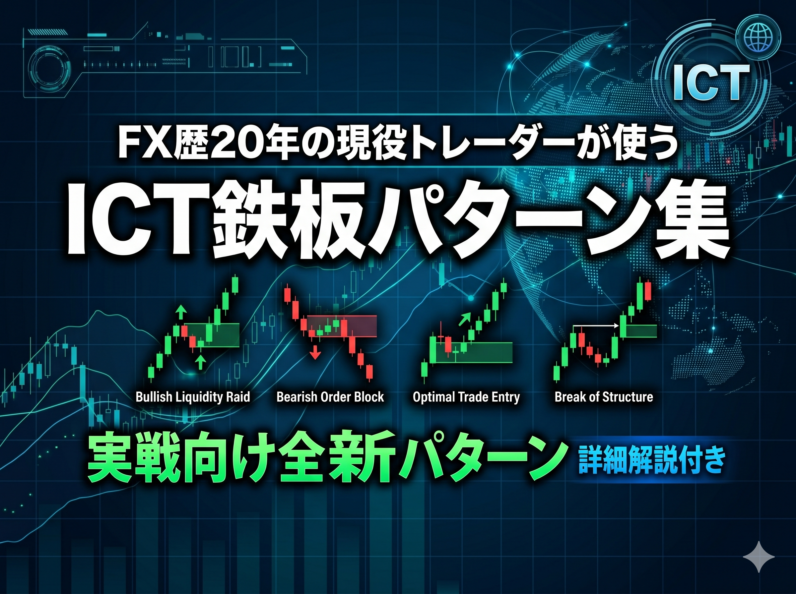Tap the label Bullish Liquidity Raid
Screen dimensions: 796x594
[x=193, y=397]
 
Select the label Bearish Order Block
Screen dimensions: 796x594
[x=330, y=397]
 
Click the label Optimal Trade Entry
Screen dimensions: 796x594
[x=466, y=397]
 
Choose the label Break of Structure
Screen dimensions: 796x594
[x=604, y=397]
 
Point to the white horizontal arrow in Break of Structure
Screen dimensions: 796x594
[x=595, y=326]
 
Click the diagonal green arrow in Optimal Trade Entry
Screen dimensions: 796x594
[x=464, y=319]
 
